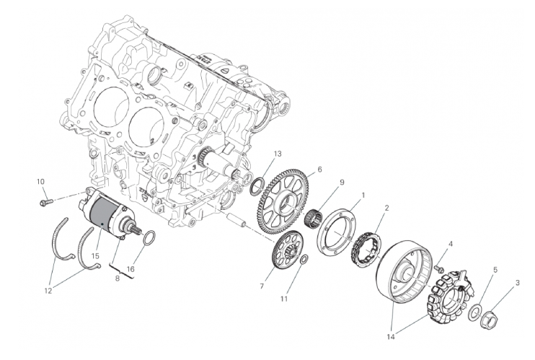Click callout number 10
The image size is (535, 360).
pos(40,181)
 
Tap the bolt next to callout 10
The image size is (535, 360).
pos(47,202)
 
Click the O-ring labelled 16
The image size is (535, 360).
pos(149,238)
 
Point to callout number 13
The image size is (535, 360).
pos(278,154)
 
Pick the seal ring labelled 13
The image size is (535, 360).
pos(257,186)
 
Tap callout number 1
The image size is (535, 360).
pos(363,196)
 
